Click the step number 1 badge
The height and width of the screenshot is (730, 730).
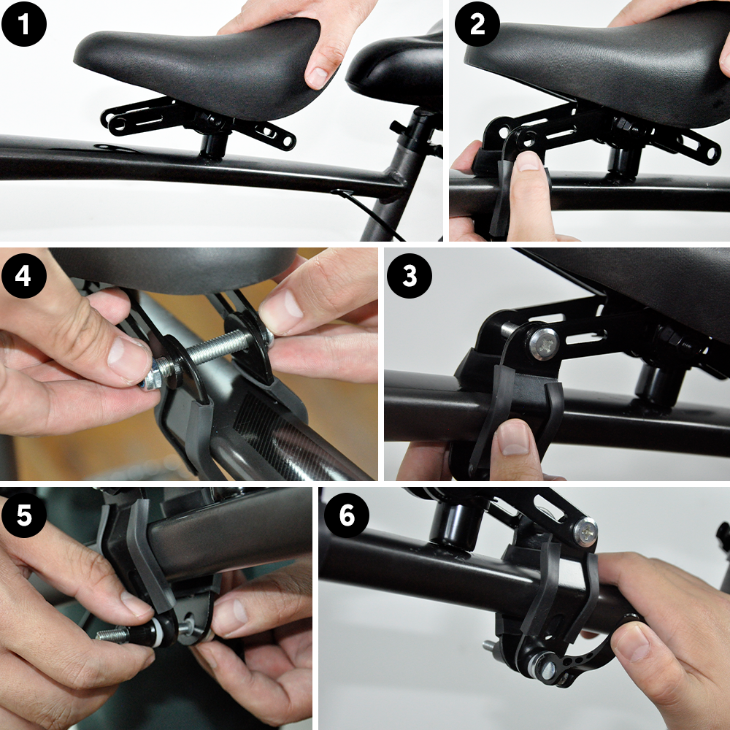pyautogui.click(x=24, y=24)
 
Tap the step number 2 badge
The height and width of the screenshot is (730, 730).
pyautogui.click(x=477, y=24)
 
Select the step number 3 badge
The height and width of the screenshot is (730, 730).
pyautogui.click(x=409, y=276)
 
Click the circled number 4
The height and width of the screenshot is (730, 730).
pyautogui.click(x=25, y=275)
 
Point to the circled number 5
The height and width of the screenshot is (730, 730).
pyautogui.click(x=25, y=516)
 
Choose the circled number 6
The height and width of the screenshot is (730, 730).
pyautogui.click(x=347, y=516)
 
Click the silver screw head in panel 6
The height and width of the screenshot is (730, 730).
pyautogui.click(x=585, y=531)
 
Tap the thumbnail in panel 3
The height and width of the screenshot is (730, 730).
pyautogui.click(x=515, y=438)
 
